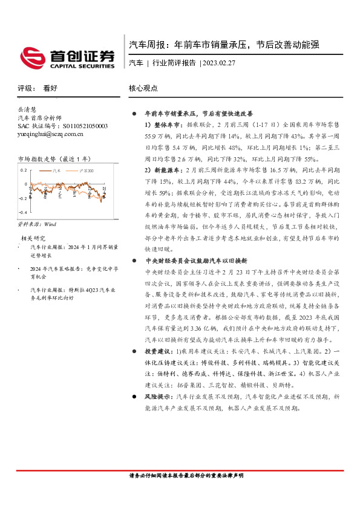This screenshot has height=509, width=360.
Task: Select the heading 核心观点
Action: click(143, 88)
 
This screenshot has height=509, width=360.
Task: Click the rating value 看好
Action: click(50, 88)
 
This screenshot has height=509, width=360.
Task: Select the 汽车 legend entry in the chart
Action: click(57, 171)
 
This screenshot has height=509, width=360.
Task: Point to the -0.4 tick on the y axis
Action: click(22, 213)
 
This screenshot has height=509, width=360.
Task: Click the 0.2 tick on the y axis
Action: click(24, 170)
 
